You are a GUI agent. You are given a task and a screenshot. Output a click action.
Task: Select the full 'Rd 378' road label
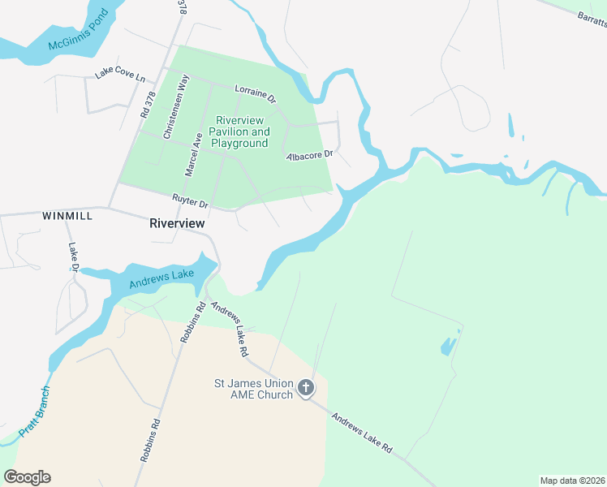click(x=147, y=106)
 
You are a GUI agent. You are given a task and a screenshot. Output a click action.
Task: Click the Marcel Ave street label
click(x=193, y=154)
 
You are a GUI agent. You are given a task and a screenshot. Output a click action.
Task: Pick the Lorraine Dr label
click(x=256, y=93)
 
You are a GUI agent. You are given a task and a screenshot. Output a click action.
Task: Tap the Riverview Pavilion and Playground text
click(x=239, y=131)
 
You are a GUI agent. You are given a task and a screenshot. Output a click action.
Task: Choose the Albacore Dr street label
click(x=308, y=153)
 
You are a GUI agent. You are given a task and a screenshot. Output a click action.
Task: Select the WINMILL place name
click(x=67, y=217)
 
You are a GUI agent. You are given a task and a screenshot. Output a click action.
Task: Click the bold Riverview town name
click(x=177, y=223)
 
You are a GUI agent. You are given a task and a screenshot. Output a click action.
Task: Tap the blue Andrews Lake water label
click(x=162, y=280)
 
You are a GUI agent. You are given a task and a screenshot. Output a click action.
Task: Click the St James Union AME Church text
click(x=252, y=389)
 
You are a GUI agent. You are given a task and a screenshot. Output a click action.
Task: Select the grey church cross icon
click(x=306, y=389)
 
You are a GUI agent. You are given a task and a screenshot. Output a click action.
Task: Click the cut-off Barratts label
click(x=591, y=22)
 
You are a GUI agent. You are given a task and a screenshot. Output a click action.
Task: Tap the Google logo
click(x=27, y=477)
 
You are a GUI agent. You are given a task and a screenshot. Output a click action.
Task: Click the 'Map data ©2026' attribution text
click(x=572, y=481)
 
